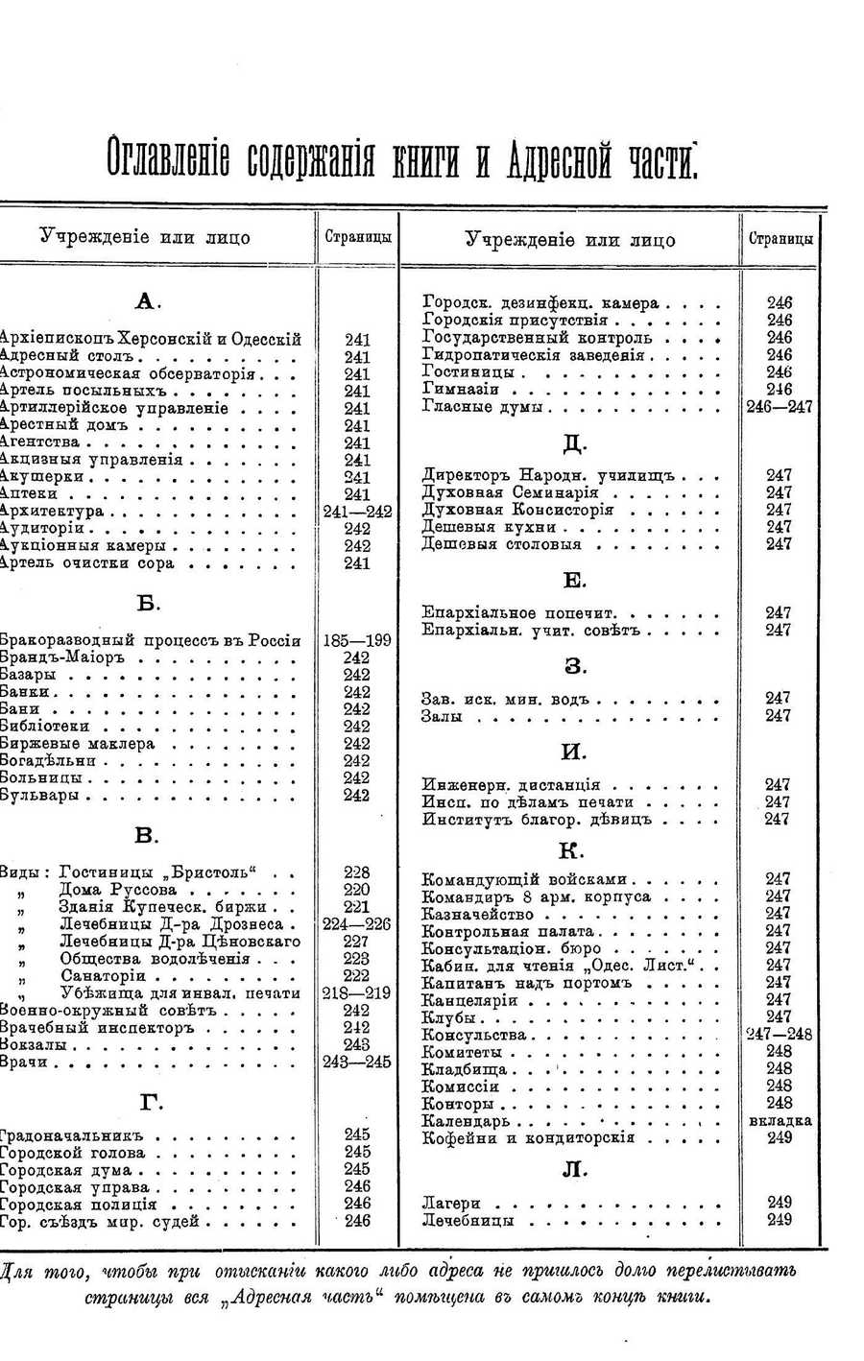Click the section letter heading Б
[x=148, y=604]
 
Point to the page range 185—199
[x=357, y=641]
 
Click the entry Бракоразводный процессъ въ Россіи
[x=151, y=641]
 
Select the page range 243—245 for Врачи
[x=357, y=1063]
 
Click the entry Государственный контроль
[x=538, y=338]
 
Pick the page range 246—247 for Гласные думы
[x=780, y=407]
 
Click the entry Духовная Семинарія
[x=510, y=492]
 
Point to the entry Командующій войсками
[x=524, y=879]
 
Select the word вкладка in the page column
[x=780, y=1121]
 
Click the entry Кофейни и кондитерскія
[x=528, y=1138]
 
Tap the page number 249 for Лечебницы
[x=780, y=1221]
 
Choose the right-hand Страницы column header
[x=780, y=239]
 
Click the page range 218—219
[x=357, y=993]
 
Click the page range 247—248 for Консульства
[x=780, y=1035]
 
